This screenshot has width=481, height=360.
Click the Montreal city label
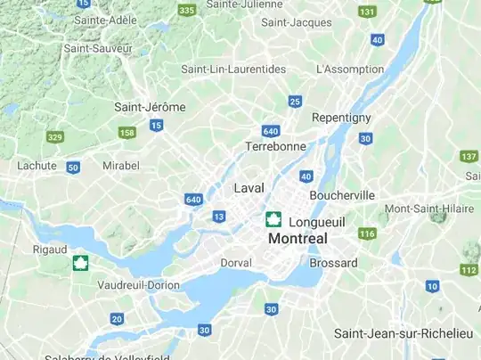298,239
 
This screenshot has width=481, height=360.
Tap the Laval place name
249,188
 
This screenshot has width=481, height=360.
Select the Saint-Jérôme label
150,107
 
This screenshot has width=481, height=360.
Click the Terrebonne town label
275,146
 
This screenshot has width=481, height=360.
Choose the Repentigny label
341,118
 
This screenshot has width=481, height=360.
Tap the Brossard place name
333,263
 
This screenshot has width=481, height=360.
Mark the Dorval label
236,263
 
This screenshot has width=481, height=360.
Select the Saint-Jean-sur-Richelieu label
404,333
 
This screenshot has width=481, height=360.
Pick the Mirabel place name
121,166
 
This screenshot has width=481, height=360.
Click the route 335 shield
186,10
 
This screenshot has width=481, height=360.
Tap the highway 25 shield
295,102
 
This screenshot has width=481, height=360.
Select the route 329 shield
55,136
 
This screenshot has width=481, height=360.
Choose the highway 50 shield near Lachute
73,167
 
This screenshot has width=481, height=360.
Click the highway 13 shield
219,217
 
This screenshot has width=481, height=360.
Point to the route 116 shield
367,233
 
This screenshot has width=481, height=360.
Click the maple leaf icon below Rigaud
81,263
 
